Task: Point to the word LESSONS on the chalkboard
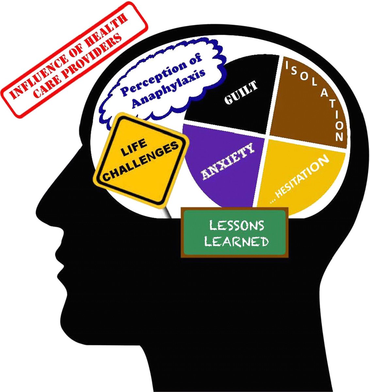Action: pyautogui.click(x=236, y=226)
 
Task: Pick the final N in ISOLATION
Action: pyautogui.click(x=339, y=137)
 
